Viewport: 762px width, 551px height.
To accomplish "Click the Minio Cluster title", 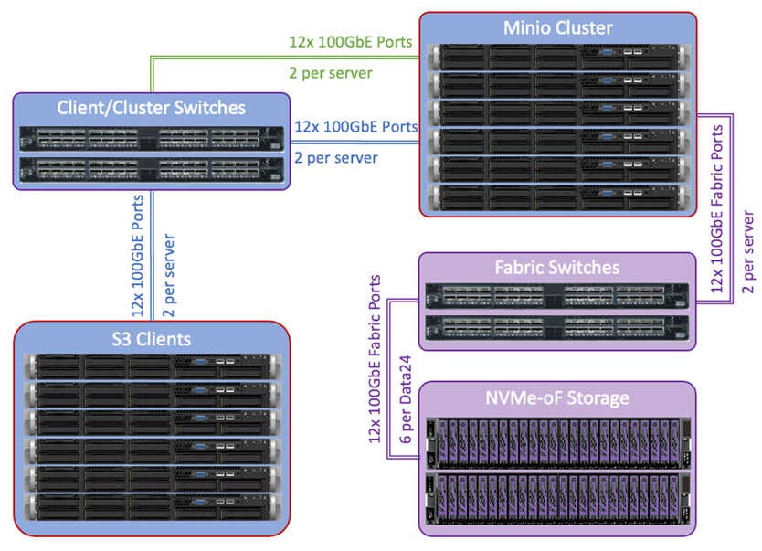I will pyautogui.click(x=558, y=27).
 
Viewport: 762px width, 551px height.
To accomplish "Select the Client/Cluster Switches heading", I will pyautogui.click(x=152, y=108).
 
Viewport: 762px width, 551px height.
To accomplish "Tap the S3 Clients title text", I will pyautogui.click(x=152, y=339).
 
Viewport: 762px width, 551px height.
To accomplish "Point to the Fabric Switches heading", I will pyautogui.click(x=556, y=268).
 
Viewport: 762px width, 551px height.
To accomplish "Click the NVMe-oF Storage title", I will pyautogui.click(x=556, y=397).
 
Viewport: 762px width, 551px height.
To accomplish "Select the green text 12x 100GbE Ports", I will pyautogui.click(x=351, y=41).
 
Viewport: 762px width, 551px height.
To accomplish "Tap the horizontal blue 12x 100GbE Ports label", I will pyautogui.click(x=356, y=126).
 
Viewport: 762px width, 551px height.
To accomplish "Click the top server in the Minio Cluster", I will pyautogui.click(x=557, y=58).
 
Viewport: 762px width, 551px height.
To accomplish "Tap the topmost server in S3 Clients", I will pyautogui.click(x=152, y=367).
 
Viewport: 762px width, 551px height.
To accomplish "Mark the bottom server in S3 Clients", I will pyautogui.click(x=152, y=508).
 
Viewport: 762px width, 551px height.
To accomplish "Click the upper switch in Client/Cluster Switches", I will pyautogui.click(x=152, y=140).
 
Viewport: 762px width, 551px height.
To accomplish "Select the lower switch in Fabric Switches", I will pyautogui.click(x=556, y=328).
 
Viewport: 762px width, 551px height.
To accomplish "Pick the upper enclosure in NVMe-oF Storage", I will pyautogui.click(x=556, y=441).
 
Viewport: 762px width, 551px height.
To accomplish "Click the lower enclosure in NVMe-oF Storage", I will pyautogui.click(x=556, y=500).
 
